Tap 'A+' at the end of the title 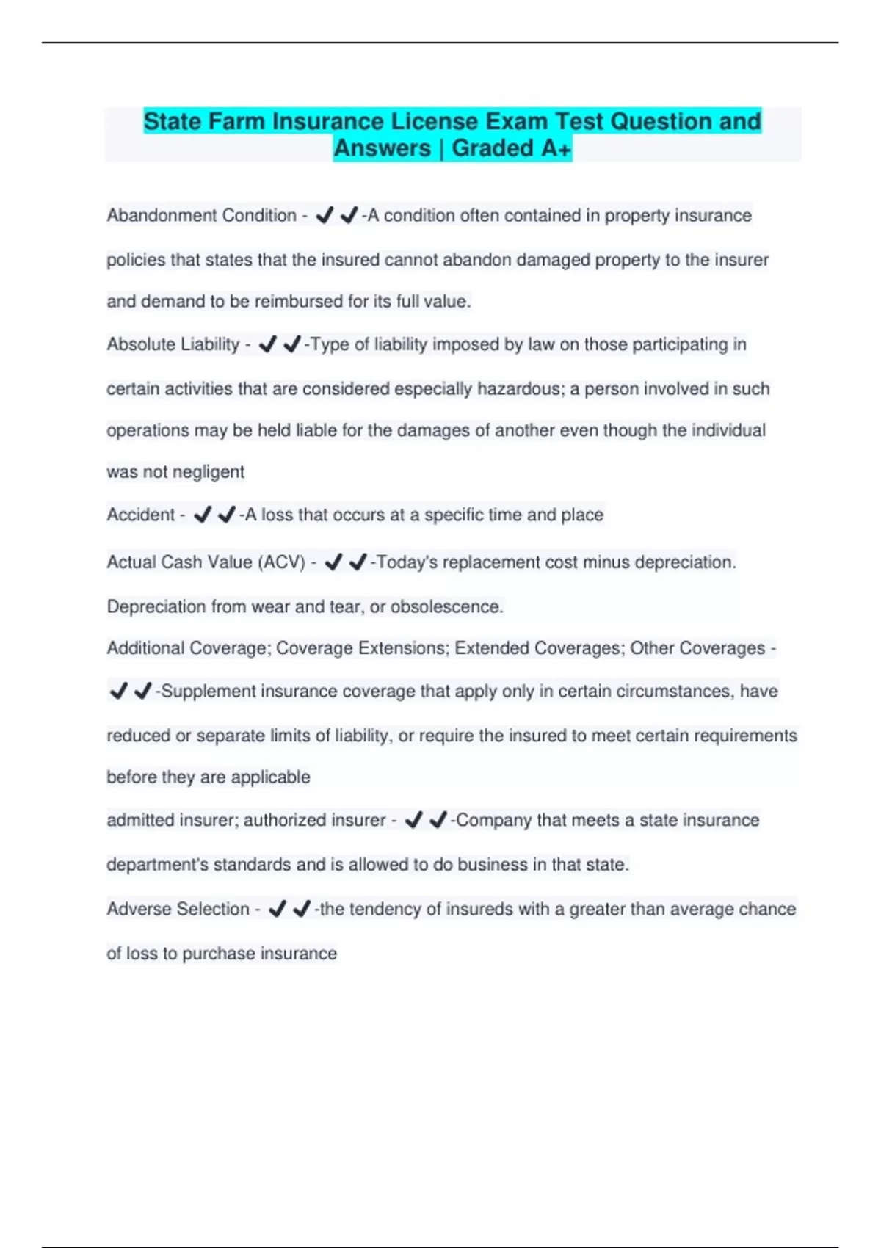click(x=556, y=148)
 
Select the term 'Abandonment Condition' click(x=201, y=216)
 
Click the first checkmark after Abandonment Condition click(x=325, y=216)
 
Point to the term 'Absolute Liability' click(x=173, y=344)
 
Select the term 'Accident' click(x=141, y=515)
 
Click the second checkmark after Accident click(x=227, y=515)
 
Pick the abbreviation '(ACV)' click(x=282, y=562)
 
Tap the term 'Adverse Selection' click(x=178, y=910)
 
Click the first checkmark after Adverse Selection click(x=277, y=910)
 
